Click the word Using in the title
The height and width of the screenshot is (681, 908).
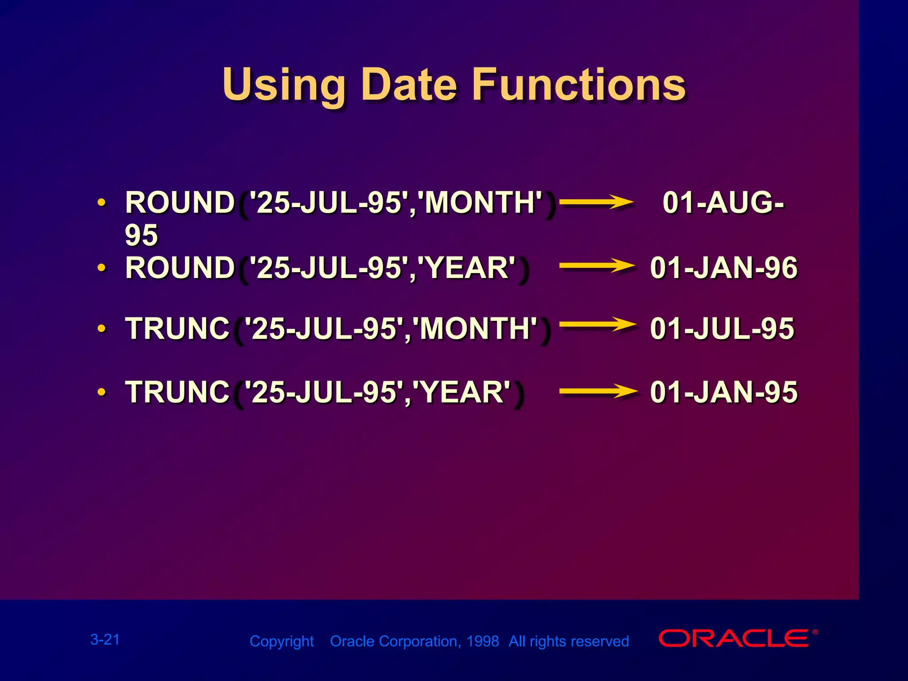tap(284, 85)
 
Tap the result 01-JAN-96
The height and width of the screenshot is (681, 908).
tap(724, 268)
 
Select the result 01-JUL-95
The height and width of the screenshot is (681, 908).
tap(722, 329)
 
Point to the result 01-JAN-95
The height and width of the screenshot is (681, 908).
tap(724, 392)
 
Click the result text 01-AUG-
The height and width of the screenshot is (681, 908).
tap(723, 203)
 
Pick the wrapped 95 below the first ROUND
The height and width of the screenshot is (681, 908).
tap(141, 235)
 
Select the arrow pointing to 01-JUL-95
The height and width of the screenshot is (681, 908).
tap(597, 325)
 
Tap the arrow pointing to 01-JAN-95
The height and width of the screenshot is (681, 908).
tap(598, 391)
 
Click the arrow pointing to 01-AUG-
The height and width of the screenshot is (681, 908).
tap(596, 203)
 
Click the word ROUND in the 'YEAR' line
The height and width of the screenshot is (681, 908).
tap(180, 268)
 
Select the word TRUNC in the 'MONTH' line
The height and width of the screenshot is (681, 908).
tap(177, 329)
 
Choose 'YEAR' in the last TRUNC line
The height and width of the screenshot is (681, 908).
tap(461, 392)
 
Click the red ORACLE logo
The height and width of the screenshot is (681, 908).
tap(734, 638)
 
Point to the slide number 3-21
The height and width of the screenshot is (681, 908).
tap(105, 639)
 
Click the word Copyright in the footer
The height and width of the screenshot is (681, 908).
tap(282, 641)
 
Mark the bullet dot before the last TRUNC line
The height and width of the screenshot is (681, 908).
tap(102, 392)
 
